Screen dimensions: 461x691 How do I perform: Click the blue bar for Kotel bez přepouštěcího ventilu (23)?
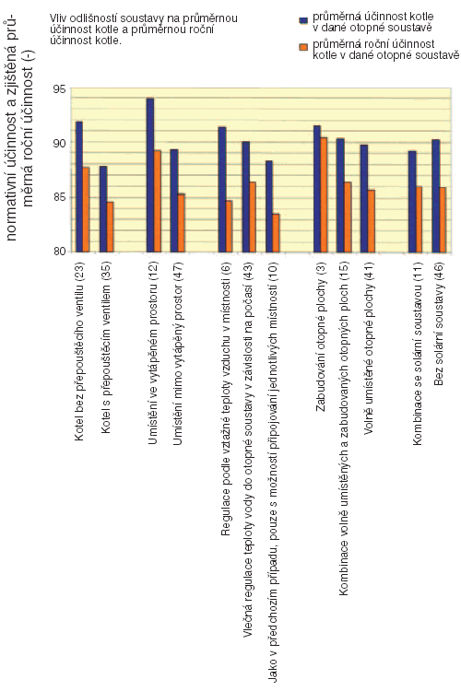[x=79, y=186]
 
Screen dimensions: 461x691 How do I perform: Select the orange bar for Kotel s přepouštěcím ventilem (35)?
[x=110, y=227]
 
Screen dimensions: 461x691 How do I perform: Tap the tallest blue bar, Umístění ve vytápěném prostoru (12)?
[x=150, y=175]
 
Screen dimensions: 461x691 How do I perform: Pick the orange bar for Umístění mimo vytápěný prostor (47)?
[x=181, y=223]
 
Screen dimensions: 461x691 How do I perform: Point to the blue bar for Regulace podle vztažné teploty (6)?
[x=222, y=190]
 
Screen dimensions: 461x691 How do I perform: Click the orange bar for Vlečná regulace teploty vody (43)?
[x=253, y=217]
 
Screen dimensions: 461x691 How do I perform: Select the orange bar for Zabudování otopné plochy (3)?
[x=324, y=194]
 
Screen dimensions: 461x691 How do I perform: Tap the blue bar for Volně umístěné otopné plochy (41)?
[x=364, y=198]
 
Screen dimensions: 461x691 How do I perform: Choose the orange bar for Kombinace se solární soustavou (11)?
[x=419, y=219]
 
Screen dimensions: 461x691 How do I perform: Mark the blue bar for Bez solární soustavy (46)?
[x=435, y=195]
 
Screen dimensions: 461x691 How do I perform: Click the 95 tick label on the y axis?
[x=59, y=89]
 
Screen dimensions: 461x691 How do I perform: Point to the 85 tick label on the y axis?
[x=59, y=197]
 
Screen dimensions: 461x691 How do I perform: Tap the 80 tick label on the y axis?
[x=59, y=252]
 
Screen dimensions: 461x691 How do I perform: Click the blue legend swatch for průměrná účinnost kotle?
[x=303, y=20]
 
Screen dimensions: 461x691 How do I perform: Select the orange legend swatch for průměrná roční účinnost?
[x=303, y=47]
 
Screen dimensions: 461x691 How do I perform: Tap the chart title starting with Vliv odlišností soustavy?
[x=144, y=29]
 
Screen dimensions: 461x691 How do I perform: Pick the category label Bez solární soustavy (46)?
[x=439, y=324]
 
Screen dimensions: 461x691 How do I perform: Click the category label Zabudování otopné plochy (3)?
[x=321, y=337]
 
